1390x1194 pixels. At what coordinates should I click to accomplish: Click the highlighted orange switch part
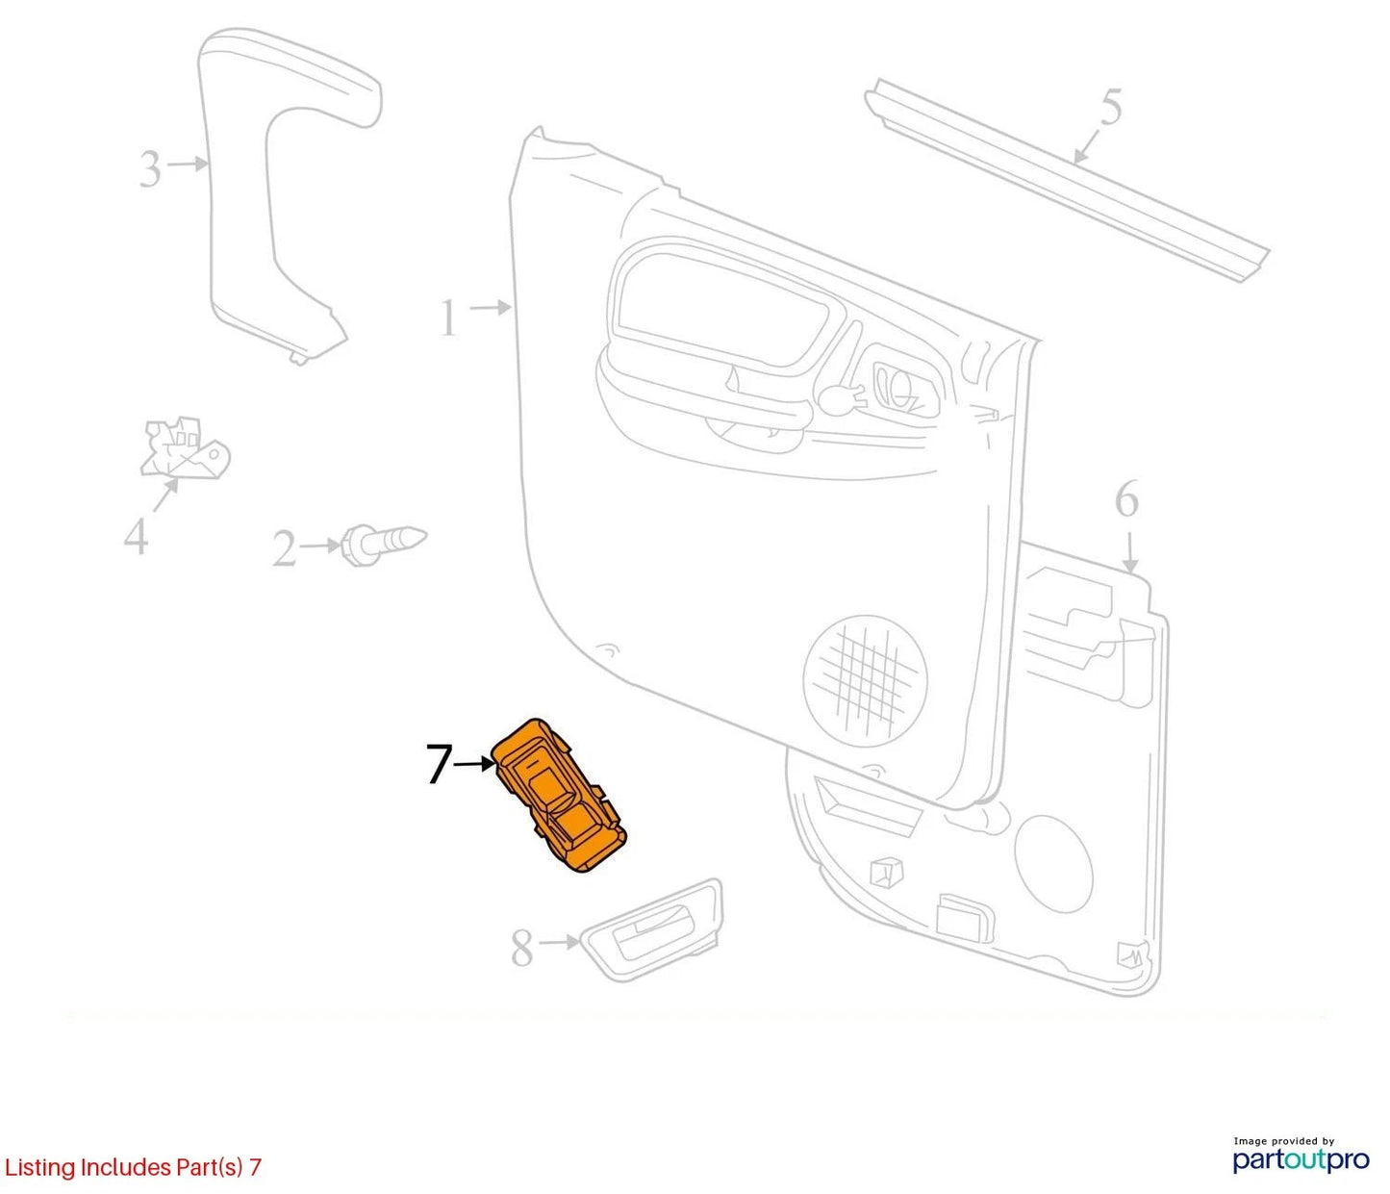pyautogui.click(x=560, y=795)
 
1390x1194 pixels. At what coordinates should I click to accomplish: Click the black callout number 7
pyautogui.click(x=439, y=764)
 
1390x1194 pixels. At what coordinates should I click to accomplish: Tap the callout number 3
pyautogui.click(x=150, y=168)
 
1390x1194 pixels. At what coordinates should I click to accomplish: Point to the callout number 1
pyautogui.click(x=449, y=318)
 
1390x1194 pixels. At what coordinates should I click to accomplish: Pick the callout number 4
pyautogui.click(x=136, y=536)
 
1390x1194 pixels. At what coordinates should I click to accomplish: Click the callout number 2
pyautogui.click(x=284, y=549)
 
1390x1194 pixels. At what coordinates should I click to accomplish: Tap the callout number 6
pyautogui.click(x=1127, y=498)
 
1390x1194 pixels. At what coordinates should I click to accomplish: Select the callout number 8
pyautogui.click(x=521, y=948)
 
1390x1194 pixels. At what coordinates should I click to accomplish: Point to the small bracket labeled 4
pyautogui.click(x=185, y=447)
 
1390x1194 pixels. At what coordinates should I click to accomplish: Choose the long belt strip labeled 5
pyautogui.click(x=1066, y=180)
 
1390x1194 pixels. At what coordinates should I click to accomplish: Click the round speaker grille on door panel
pyautogui.click(x=866, y=680)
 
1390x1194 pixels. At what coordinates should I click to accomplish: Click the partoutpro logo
pyautogui.click(x=1302, y=1159)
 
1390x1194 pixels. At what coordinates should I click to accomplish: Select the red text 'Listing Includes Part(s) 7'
pyautogui.click(x=133, y=1166)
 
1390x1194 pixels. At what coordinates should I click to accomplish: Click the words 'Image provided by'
pyautogui.click(x=1284, y=1141)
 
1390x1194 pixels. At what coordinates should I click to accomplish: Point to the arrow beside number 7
pyautogui.click(x=475, y=764)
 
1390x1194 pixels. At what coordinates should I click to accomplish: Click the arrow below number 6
pyautogui.click(x=1129, y=551)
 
